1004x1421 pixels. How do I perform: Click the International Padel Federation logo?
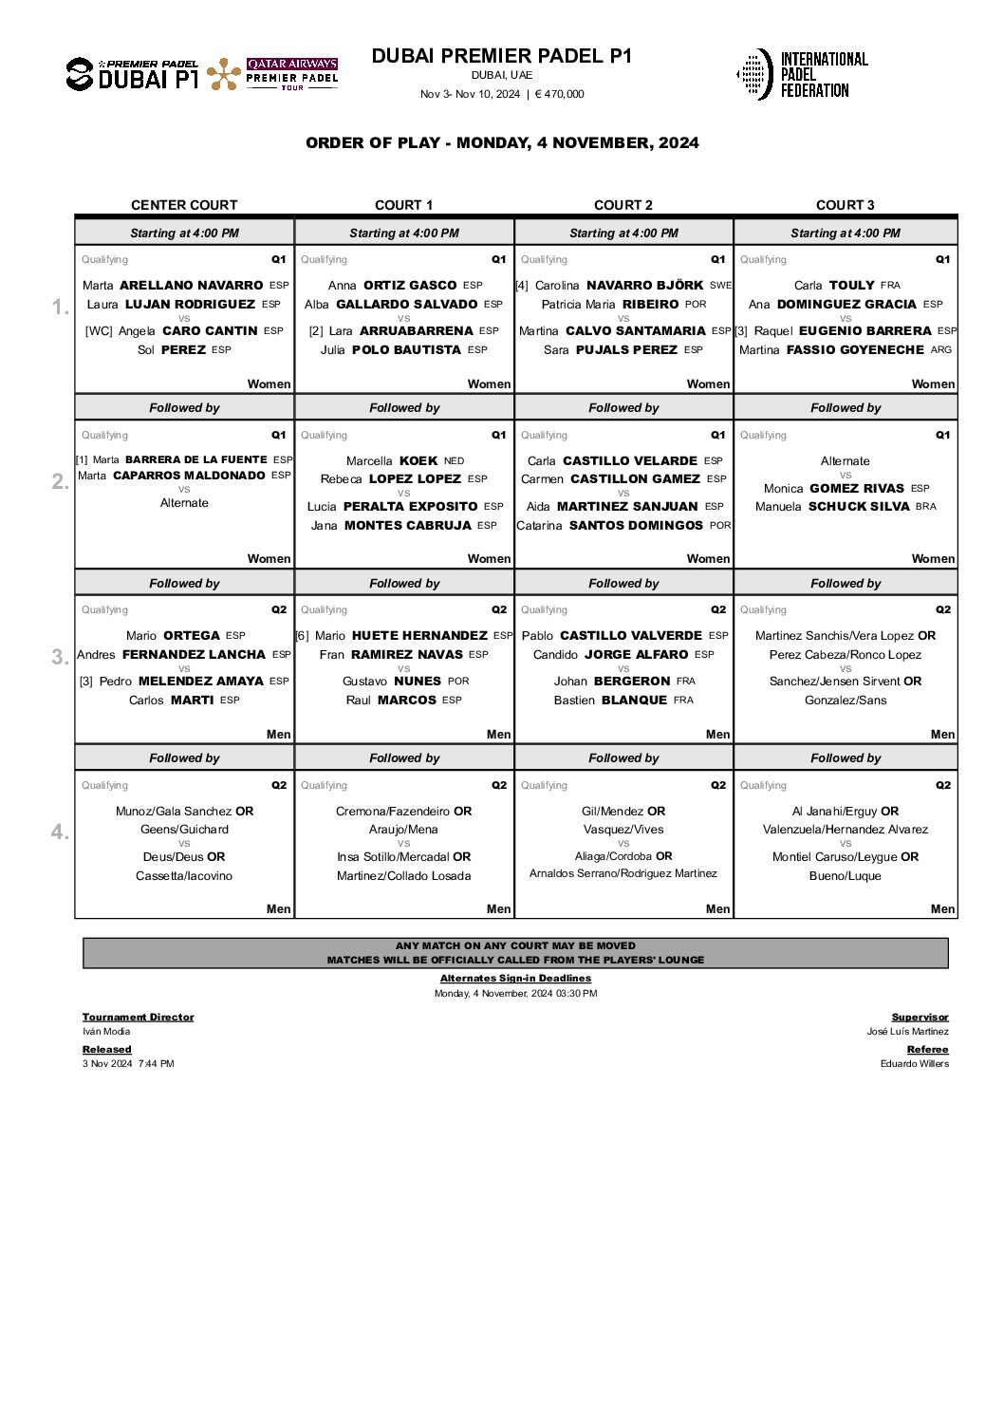point(802,74)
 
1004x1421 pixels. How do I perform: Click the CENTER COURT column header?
point(184,205)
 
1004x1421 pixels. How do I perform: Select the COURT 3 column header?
point(845,205)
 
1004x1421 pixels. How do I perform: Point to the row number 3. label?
point(60,657)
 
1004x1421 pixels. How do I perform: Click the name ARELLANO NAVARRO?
point(192,285)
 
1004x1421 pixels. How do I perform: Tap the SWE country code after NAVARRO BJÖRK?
point(720,285)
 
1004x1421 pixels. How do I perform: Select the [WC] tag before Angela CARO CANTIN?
point(99,331)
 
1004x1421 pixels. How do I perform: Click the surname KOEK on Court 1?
point(418,460)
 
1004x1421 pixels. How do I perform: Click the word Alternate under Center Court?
point(184,503)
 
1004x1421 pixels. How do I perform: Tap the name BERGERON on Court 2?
point(632,682)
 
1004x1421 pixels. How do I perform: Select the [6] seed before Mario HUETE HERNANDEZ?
point(302,636)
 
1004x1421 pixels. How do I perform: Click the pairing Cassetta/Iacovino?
point(184,876)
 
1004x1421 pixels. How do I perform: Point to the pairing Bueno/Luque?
point(845,876)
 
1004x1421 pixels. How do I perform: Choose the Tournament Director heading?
point(138,1017)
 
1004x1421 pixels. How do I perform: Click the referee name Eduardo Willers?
point(914,1063)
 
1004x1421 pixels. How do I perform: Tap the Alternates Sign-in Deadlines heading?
point(515,978)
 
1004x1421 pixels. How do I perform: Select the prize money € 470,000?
point(559,94)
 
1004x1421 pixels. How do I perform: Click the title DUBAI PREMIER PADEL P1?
point(501,56)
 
